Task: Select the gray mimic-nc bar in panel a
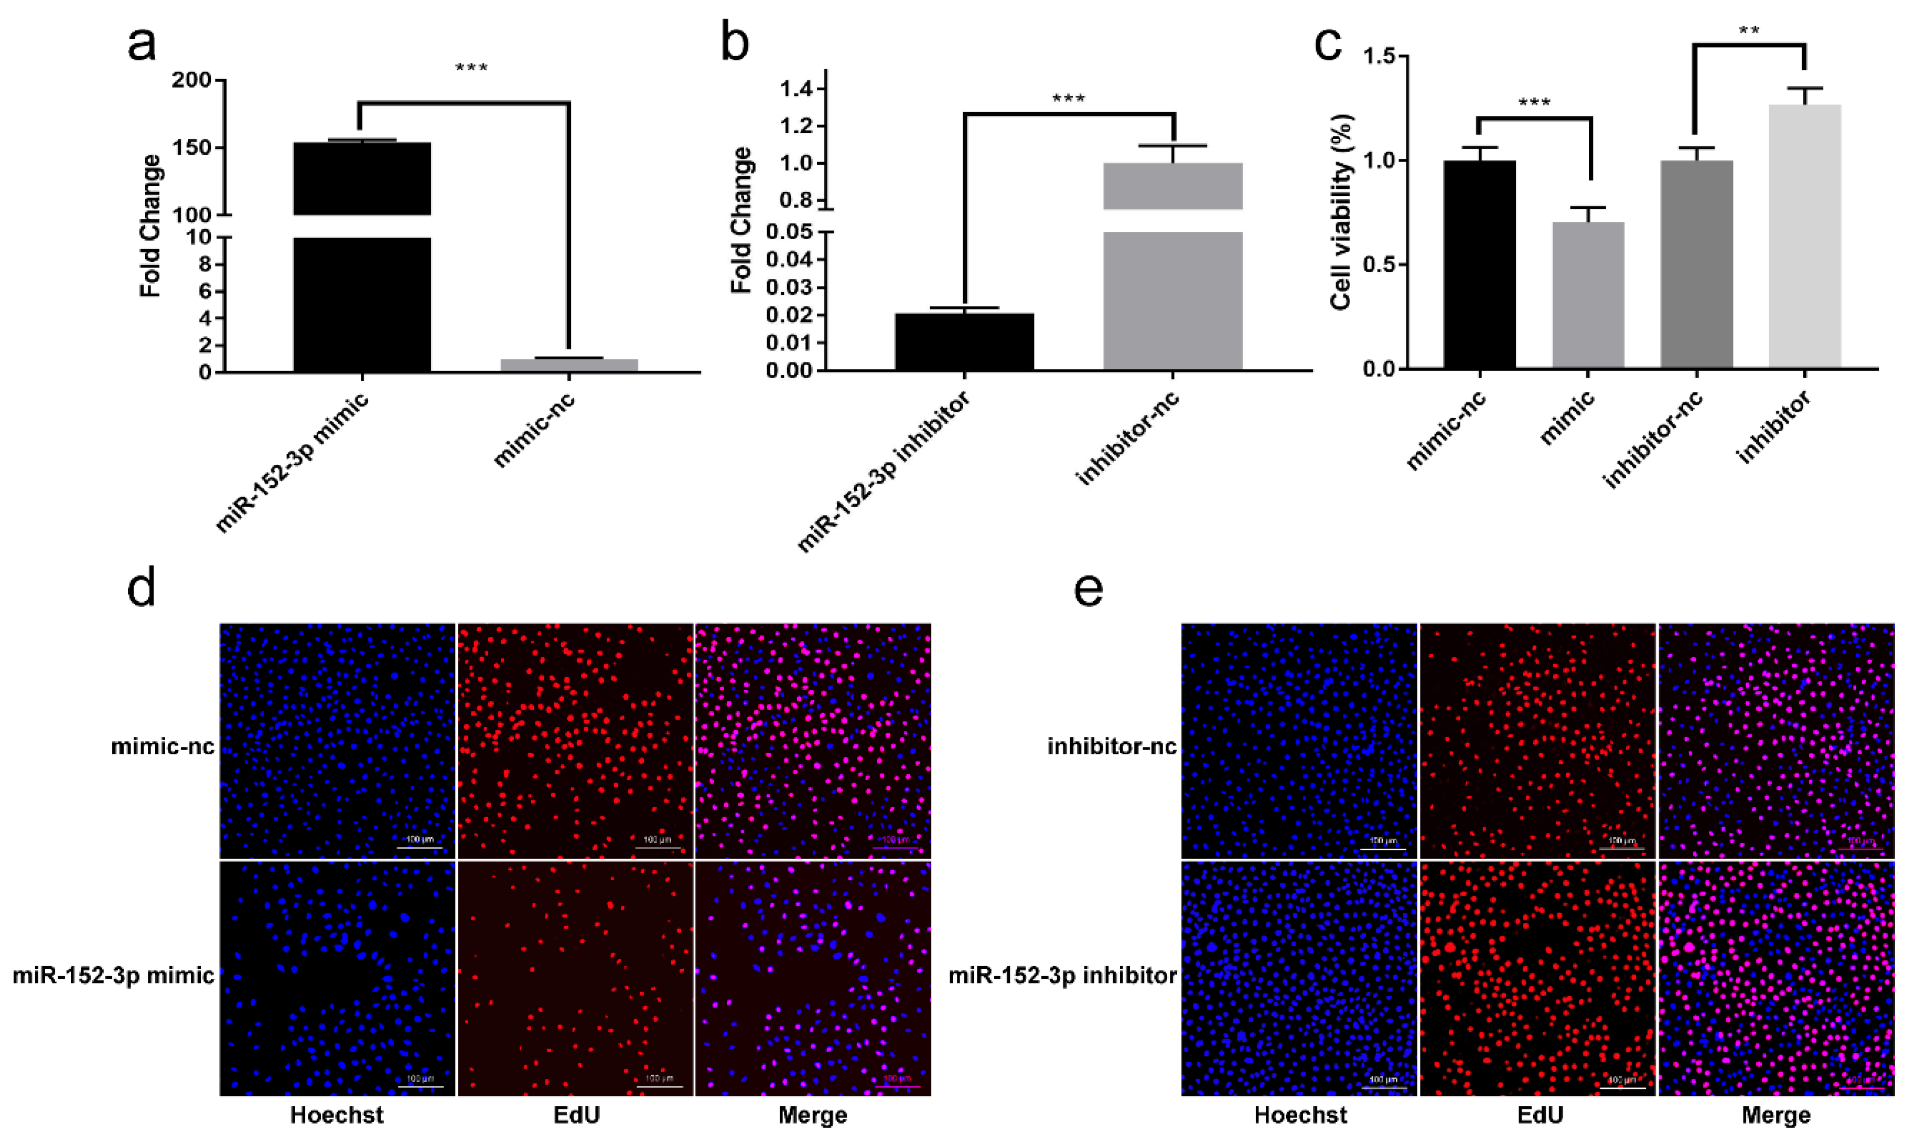pos(569,365)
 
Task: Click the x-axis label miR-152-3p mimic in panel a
pos(293,462)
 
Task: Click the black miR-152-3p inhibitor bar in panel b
pos(964,342)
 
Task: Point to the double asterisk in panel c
pos(1748,31)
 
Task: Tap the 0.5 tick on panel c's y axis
pos(1379,265)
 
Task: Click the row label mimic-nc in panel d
pos(163,746)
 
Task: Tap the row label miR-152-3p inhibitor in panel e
pos(1062,975)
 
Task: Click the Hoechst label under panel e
pos(1300,1115)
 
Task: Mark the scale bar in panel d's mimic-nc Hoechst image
pos(419,847)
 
